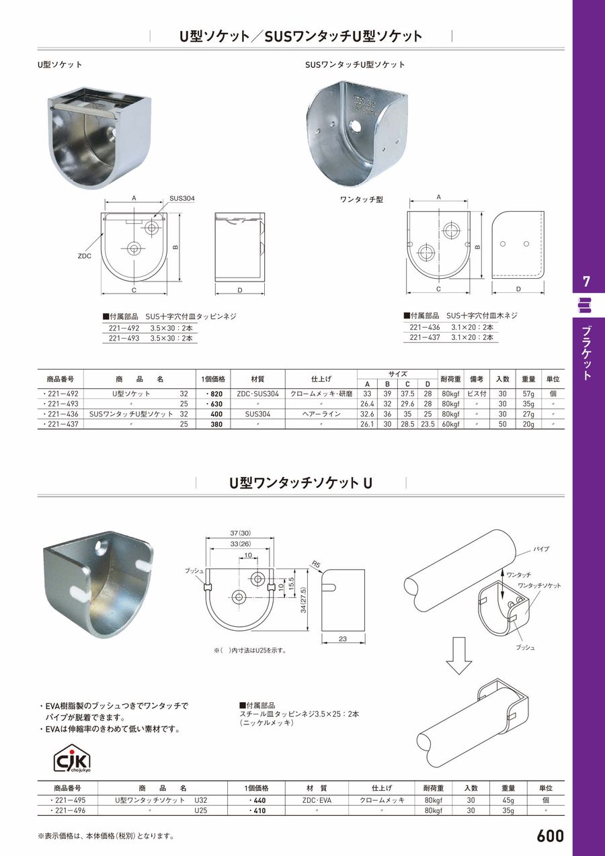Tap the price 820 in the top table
[x=213, y=394]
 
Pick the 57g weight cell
[x=528, y=394]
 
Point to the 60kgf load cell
[x=450, y=425]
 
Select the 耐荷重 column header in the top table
[x=450, y=378]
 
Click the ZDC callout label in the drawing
[x=83, y=255]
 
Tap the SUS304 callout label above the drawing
[x=182, y=198]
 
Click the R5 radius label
[x=315, y=564]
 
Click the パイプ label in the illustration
[x=540, y=549]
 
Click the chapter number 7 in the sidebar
[x=586, y=280]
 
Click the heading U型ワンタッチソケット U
[x=301, y=482]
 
